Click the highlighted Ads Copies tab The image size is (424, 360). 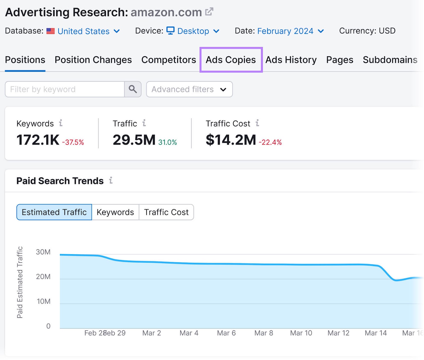coord(231,60)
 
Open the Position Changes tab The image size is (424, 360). coord(93,60)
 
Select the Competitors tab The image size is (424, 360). coord(169,60)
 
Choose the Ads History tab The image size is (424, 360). coord(291,60)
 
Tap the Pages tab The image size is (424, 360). coord(339,60)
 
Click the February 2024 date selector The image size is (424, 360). coord(290,31)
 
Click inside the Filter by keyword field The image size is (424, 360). coord(64,89)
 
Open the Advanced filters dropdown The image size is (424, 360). coord(189,89)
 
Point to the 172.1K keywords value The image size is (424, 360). coord(38,140)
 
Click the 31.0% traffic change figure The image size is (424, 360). coord(167,142)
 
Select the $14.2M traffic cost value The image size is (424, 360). coord(231,140)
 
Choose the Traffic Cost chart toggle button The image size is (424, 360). coord(166,212)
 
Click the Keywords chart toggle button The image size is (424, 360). coord(115,212)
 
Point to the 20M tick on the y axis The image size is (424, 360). coord(43,277)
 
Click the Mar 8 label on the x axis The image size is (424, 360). coord(263,333)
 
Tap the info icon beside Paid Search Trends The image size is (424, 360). coord(111,180)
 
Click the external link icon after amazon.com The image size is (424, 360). coord(209,12)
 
